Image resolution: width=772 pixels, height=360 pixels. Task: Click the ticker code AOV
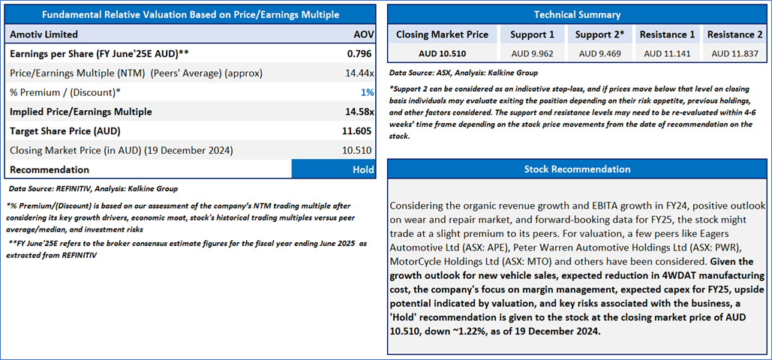(x=363, y=34)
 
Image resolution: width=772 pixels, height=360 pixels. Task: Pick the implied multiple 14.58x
(x=359, y=112)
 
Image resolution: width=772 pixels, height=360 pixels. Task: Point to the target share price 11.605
(x=359, y=131)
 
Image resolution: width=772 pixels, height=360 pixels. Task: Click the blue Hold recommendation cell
(x=333, y=169)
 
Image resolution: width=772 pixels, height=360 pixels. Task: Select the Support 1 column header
(x=532, y=34)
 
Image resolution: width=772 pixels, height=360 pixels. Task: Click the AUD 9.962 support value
(x=532, y=53)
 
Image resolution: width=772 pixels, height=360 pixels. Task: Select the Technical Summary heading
(x=577, y=15)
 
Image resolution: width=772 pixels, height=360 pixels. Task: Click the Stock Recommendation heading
(x=577, y=169)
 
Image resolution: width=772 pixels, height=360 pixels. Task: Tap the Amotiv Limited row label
(x=44, y=34)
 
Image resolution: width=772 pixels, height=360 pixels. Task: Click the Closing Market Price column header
(x=442, y=34)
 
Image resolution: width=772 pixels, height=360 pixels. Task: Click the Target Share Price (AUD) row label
(x=65, y=131)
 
